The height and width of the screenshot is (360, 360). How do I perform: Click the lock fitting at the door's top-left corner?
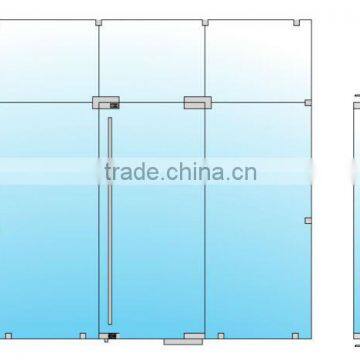pos(105,100)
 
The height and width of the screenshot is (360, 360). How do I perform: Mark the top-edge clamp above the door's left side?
pos(99,21)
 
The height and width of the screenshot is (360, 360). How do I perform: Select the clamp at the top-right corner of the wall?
pos(304,21)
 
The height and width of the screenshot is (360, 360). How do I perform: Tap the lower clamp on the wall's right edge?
pos(308,220)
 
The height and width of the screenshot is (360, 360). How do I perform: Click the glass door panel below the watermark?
pos(155,260)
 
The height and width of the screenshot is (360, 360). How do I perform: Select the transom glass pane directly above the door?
pos(152,60)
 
